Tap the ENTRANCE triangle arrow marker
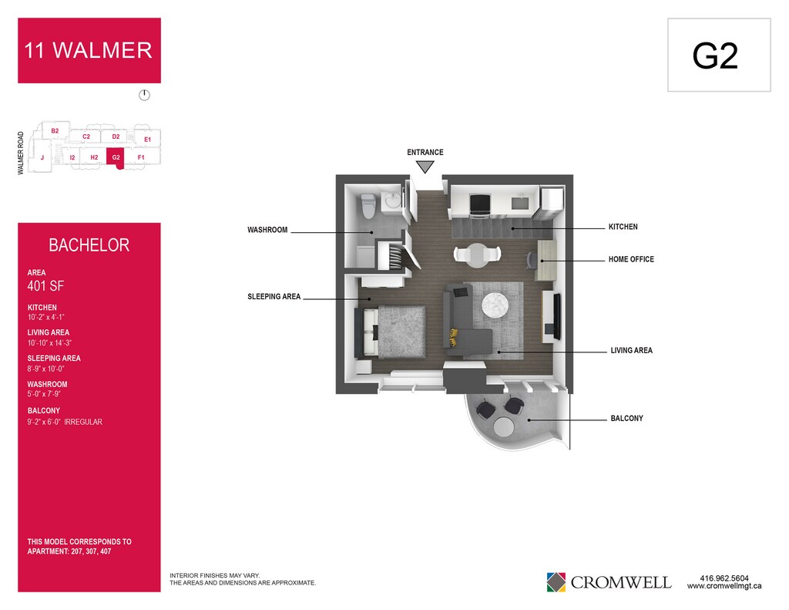pyautogui.click(x=425, y=167)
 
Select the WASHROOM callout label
pyautogui.click(x=267, y=230)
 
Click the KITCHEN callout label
pyautogui.click(x=623, y=227)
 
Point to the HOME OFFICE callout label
pyautogui.click(x=631, y=260)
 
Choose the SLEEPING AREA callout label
pyautogui.click(x=274, y=297)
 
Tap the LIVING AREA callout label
pyautogui.click(x=631, y=351)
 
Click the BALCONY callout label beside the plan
pyautogui.click(x=626, y=419)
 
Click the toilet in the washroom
pyautogui.click(x=368, y=205)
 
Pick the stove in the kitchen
pyautogui.click(x=481, y=204)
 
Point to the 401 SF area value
pyautogui.click(x=45, y=287)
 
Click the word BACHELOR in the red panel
pyautogui.click(x=89, y=246)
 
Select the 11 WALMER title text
pyautogui.click(x=89, y=51)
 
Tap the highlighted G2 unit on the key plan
pyautogui.click(x=116, y=157)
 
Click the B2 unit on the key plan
pyautogui.click(x=55, y=131)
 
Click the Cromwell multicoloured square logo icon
pyautogui.click(x=556, y=581)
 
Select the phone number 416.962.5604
pyautogui.click(x=724, y=578)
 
